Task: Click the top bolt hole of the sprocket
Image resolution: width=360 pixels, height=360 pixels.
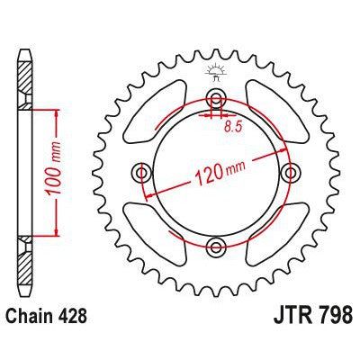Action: click(x=215, y=98)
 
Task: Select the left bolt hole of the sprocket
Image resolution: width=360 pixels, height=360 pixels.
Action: click(x=141, y=172)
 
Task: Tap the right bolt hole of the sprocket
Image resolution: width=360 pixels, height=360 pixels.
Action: click(x=289, y=172)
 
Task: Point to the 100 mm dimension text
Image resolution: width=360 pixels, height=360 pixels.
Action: click(x=71, y=172)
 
